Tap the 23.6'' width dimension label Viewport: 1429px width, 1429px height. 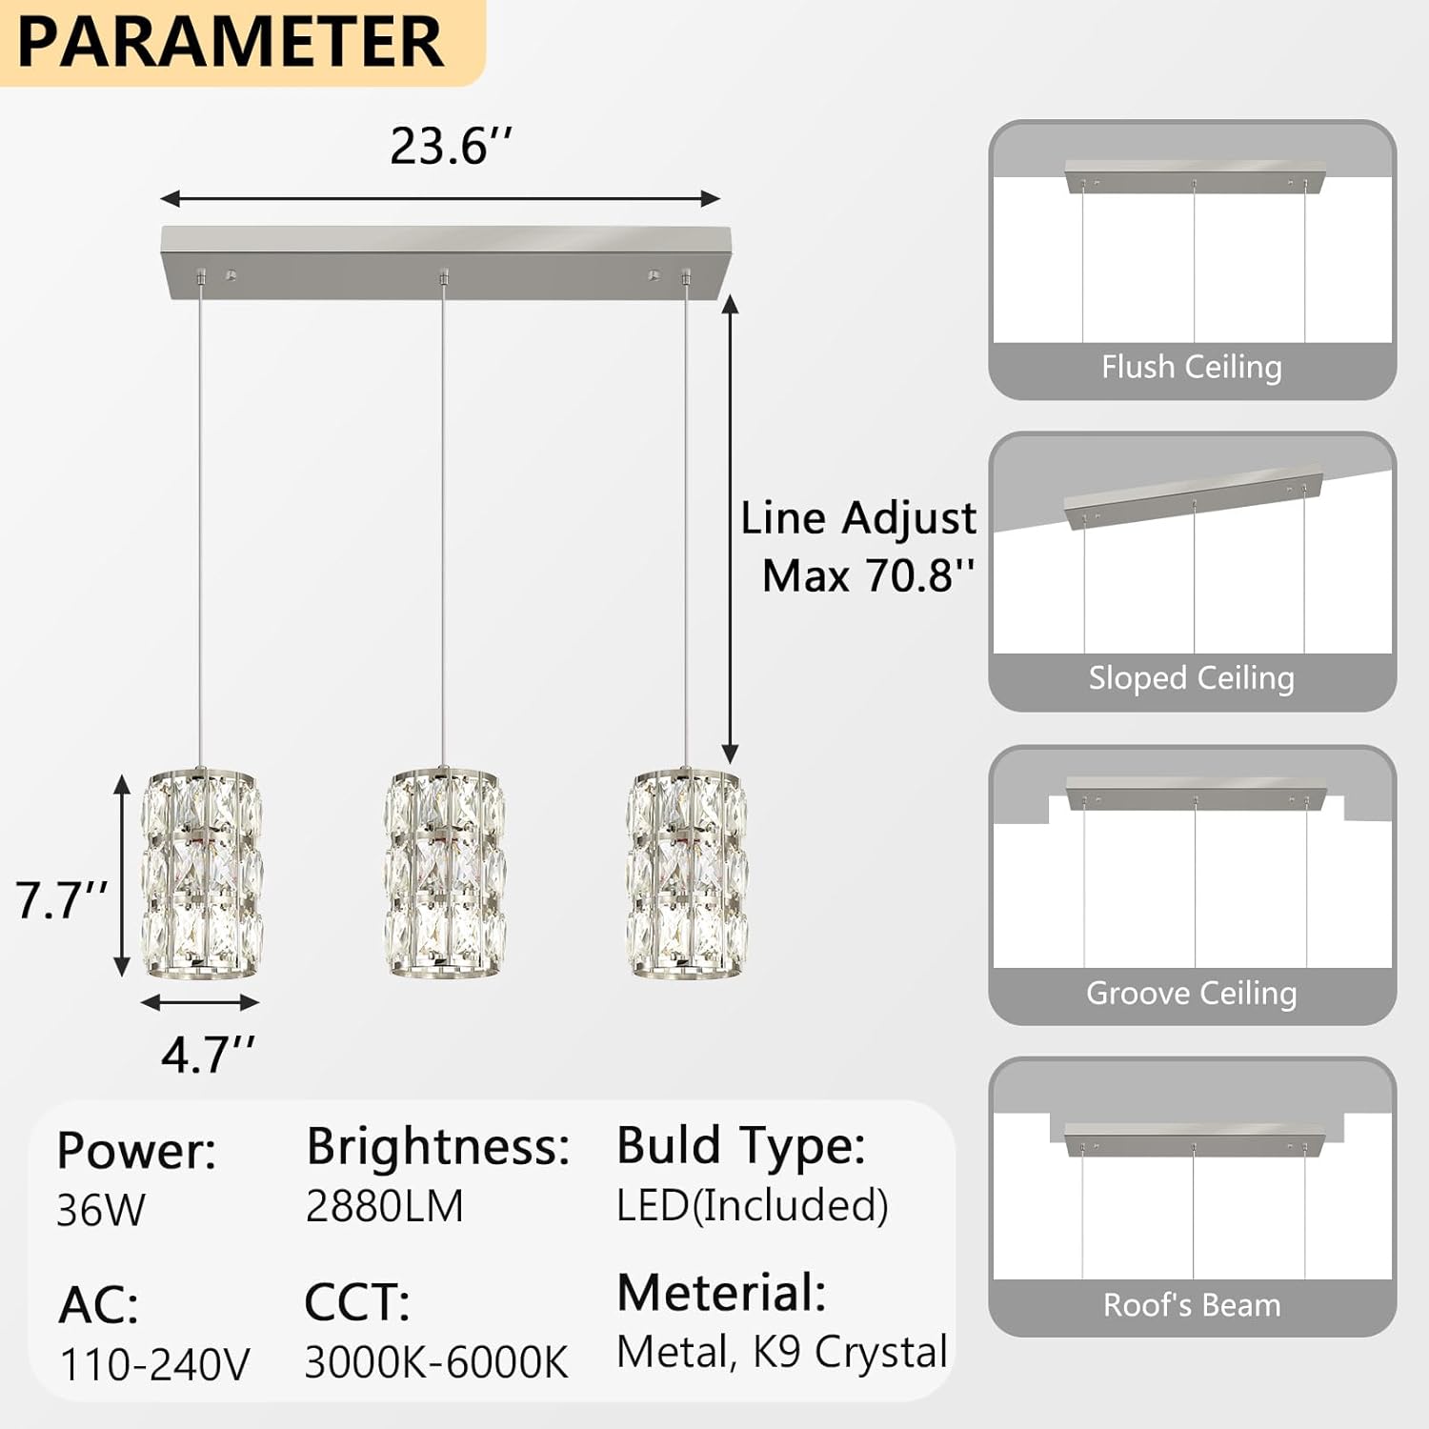tap(450, 147)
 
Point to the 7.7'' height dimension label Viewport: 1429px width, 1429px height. tap(61, 900)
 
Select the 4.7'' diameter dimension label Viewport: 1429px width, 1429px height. tap(208, 1056)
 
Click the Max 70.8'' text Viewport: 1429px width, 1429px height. tap(868, 575)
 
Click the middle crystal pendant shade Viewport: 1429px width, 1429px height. tap(444, 874)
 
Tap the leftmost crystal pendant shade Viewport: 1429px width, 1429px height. tap(202, 874)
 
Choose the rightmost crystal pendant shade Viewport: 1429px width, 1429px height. tap(686, 874)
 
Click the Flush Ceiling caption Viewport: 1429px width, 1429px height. tap(1191, 367)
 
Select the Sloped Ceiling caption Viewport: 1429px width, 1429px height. tap(1191, 678)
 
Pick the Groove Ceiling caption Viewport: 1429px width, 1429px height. tap(1191, 994)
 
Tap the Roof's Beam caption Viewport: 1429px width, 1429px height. tap(1191, 1305)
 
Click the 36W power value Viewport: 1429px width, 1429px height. tap(101, 1211)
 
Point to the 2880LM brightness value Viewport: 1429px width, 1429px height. tap(385, 1207)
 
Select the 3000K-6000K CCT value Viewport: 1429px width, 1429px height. tap(436, 1362)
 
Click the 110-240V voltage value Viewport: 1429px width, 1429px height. tap(154, 1364)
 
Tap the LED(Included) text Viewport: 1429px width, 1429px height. tap(753, 1206)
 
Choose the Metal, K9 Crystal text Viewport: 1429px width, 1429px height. tap(781, 1352)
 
